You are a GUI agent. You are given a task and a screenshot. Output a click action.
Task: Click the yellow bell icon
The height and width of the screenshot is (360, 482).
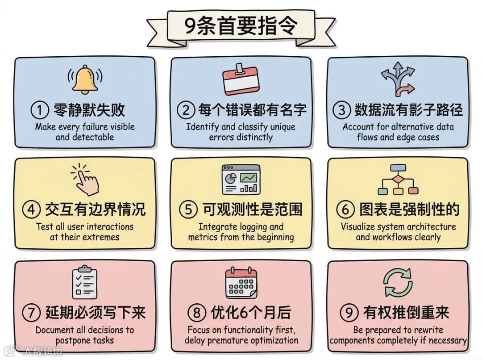point(85,80)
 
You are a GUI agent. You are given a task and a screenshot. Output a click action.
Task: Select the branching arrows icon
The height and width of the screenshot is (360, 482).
point(398,80)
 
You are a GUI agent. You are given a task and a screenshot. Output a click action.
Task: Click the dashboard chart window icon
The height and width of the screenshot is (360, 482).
point(241,179)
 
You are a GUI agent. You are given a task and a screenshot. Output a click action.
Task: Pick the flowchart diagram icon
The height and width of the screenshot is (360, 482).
point(398,180)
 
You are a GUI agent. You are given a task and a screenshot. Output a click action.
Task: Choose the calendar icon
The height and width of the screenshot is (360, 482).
point(241,282)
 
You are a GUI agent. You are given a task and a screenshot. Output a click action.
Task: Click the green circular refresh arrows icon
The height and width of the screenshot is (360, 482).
point(398,282)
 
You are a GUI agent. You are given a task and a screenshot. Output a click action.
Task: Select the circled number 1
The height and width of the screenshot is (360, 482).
point(40,109)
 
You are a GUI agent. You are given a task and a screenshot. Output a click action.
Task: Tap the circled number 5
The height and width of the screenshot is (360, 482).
point(188,209)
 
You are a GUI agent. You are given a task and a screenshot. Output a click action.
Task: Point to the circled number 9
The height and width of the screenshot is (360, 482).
point(349,313)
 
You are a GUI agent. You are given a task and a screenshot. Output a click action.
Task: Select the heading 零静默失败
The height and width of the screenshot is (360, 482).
point(89,109)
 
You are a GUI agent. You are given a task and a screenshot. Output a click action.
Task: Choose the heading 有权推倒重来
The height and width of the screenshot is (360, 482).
point(406,313)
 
